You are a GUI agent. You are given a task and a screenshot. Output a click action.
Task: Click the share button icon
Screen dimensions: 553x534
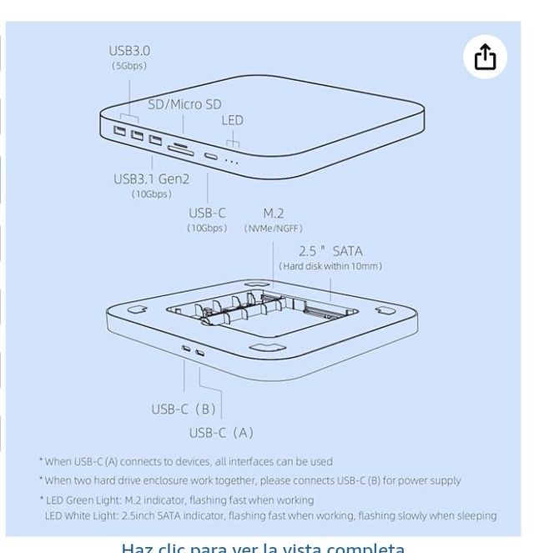(485, 58)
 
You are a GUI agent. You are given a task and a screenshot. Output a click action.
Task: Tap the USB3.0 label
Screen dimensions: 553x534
(129, 51)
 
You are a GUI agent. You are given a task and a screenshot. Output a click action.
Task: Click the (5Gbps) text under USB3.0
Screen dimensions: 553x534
(129, 66)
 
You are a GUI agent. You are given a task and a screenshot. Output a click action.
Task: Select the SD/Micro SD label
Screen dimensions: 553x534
(184, 104)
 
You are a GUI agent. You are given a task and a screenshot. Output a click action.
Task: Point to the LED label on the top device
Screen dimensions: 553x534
(232, 120)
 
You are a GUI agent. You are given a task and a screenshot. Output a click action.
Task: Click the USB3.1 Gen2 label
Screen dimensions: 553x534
(151, 178)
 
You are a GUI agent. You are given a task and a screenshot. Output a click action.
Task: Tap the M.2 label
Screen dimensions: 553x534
(273, 213)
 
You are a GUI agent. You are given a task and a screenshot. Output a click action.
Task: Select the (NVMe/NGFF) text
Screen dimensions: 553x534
(273, 229)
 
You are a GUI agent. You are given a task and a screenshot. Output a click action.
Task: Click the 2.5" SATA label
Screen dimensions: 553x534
(330, 250)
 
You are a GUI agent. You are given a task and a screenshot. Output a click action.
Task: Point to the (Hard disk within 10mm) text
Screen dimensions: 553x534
(330, 266)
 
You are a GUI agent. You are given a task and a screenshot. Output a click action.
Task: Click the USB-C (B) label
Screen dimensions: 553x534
(184, 409)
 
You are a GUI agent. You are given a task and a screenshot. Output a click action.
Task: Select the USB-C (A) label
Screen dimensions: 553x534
(221, 432)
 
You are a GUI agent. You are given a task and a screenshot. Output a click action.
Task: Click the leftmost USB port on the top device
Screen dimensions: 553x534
(120, 131)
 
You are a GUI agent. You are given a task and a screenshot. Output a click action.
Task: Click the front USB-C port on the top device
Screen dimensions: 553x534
(211, 157)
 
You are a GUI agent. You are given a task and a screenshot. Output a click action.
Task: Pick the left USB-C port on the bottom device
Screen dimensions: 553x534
(185, 349)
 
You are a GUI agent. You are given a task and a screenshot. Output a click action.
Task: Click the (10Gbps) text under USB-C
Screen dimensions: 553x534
(207, 229)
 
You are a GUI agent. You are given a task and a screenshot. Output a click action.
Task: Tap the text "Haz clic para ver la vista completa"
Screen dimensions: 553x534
(263, 547)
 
